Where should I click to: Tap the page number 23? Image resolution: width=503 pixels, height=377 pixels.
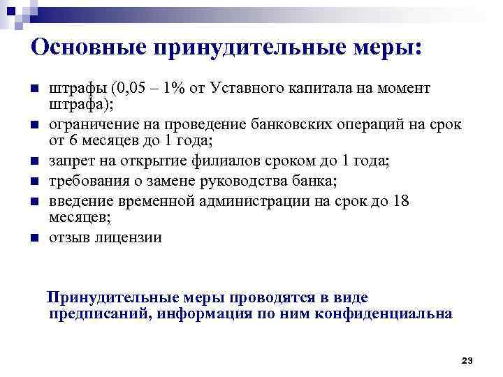(467, 360)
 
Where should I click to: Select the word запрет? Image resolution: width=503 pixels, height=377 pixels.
(71, 162)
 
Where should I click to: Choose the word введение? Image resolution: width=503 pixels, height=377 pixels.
(79, 202)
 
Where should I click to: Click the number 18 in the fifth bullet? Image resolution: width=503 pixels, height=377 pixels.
(401, 202)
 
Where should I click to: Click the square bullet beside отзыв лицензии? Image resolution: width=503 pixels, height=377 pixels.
(34, 239)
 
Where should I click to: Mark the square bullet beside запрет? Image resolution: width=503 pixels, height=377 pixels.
(34, 163)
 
